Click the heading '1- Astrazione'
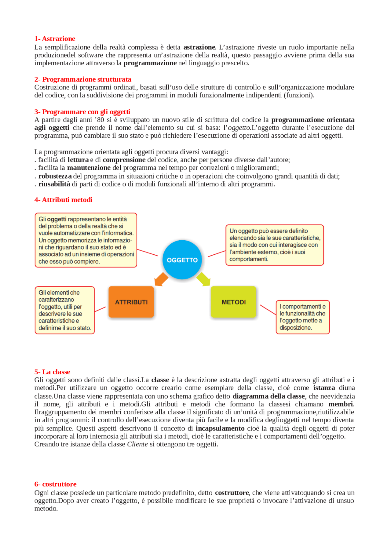55,39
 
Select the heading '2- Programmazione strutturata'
83,79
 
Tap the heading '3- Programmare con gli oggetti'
82,112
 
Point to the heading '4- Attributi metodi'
63,200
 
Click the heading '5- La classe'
52,372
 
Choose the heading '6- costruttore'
55,484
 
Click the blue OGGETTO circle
182,260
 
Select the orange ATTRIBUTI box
131,302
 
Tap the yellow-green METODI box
233,302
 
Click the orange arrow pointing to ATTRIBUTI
161,279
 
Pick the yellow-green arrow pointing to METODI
203,279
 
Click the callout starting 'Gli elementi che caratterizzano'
65,310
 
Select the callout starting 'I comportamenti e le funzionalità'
302,317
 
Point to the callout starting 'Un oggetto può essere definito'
275,245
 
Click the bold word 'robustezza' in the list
55,176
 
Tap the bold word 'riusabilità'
54,184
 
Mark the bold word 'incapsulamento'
220,428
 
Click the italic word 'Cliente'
137,444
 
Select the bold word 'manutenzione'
89,168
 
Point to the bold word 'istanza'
324,388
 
